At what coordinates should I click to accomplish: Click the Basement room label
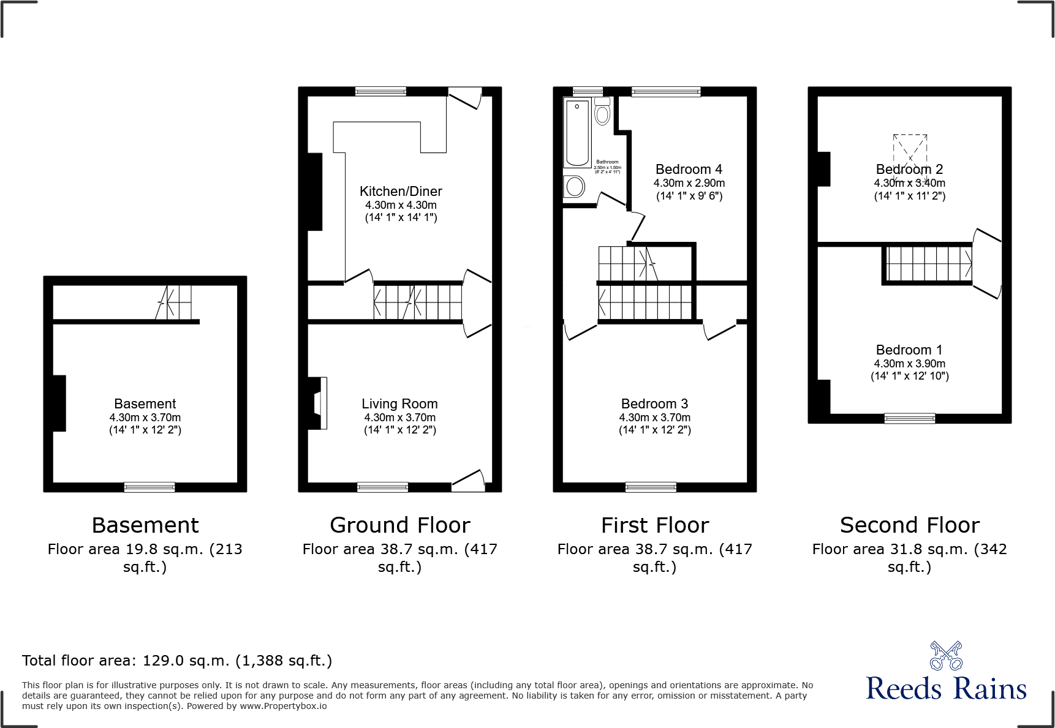pos(145,404)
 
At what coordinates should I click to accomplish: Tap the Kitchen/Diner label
pos(401,192)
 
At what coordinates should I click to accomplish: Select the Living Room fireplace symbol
pos(320,403)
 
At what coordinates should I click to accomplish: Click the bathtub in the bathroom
pos(577,133)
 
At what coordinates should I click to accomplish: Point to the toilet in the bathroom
pos(602,112)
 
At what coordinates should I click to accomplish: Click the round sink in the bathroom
pos(575,186)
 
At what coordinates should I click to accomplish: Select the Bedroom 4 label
pos(689,170)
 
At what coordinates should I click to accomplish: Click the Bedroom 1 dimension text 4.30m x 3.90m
pos(909,364)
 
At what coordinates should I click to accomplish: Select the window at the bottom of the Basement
pos(149,487)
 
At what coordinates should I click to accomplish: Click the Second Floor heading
pos(909,525)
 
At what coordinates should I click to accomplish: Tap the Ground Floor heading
pos(399,525)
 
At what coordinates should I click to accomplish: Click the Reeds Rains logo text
pos(946,689)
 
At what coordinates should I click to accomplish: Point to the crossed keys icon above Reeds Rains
pos(946,656)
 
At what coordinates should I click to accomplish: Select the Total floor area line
pos(177,661)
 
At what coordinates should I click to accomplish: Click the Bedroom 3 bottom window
pos(651,487)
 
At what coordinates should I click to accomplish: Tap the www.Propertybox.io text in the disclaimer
pos(283,706)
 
